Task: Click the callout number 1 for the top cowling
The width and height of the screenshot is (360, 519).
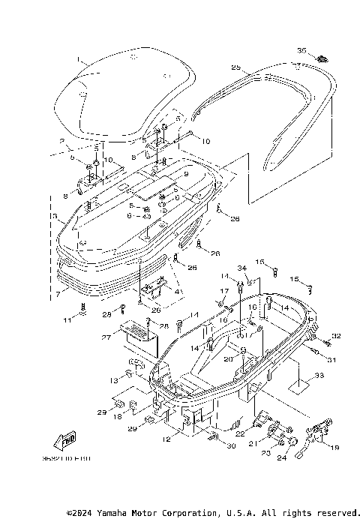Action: tap(76, 58)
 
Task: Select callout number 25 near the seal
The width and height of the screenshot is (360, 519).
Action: tap(235, 67)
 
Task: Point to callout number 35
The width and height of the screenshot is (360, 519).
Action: tap(301, 50)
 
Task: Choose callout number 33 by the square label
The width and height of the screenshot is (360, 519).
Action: tap(319, 375)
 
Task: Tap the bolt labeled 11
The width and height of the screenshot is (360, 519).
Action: tap(83, 309)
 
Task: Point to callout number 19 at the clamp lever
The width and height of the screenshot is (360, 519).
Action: tap(334, 448)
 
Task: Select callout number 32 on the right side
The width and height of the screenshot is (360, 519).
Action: tap(337, 336)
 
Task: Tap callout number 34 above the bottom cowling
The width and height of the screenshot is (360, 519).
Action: tap(241, 268)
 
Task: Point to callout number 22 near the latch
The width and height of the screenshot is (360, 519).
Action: tap(241, 433)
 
